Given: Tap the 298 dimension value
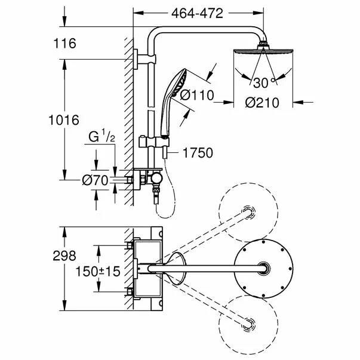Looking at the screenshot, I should tap(64, 256).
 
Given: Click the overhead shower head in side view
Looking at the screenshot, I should tap(260, 51).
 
